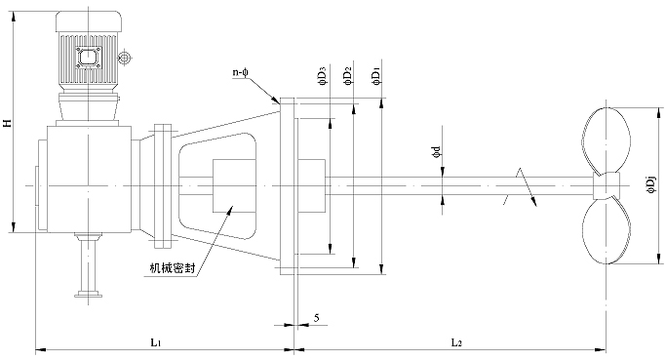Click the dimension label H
point(7,123)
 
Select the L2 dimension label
point(456,341)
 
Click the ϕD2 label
point(348,77)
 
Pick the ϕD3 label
point(323,77)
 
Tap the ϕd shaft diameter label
point(436,153)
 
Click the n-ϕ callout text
point(240,72)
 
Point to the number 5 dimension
point(317,317)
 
